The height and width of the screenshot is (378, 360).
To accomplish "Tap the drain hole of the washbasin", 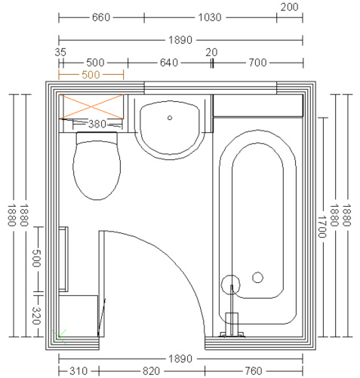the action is (170, 118).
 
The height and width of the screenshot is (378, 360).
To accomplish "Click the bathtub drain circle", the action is (257, 278).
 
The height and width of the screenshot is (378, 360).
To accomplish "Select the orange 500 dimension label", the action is (91, 75).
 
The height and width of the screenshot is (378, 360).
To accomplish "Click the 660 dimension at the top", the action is (101, 17).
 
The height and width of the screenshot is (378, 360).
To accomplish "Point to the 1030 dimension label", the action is (210, 17).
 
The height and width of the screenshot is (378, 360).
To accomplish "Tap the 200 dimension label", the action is (289, 7).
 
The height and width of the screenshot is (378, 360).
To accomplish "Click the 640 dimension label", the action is (169, 63).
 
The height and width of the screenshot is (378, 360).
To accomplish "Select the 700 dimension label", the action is (257, 63).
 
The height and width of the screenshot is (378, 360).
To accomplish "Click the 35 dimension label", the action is (60, 52).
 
